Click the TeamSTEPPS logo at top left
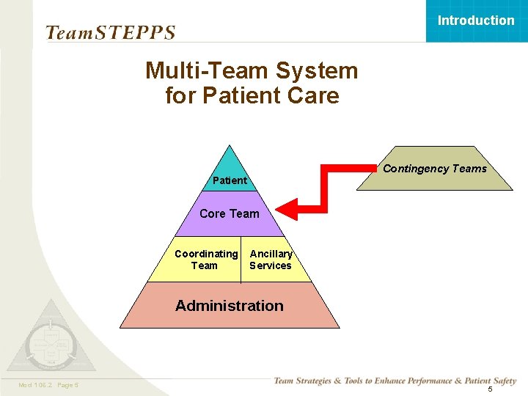pyautogui.click(x=110, y=33)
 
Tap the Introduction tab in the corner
pyautogui.click(x=476, y=21)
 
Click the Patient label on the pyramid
pyautogui.click(x=230, y=180)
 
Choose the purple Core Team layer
pyautogui.click(x=230, y=214)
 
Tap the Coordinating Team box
pyautogui.click(x=205, y=260)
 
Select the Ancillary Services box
pyautogui.click(x=271, y=260)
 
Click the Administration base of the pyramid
pyautogui.click(x=230, y=306)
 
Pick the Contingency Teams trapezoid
pyautogui.click(x=434, y=169)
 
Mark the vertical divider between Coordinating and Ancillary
pyautogui.click(x=241, y=260)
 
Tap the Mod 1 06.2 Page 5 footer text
pyautogui.click(x=49, y=386)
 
